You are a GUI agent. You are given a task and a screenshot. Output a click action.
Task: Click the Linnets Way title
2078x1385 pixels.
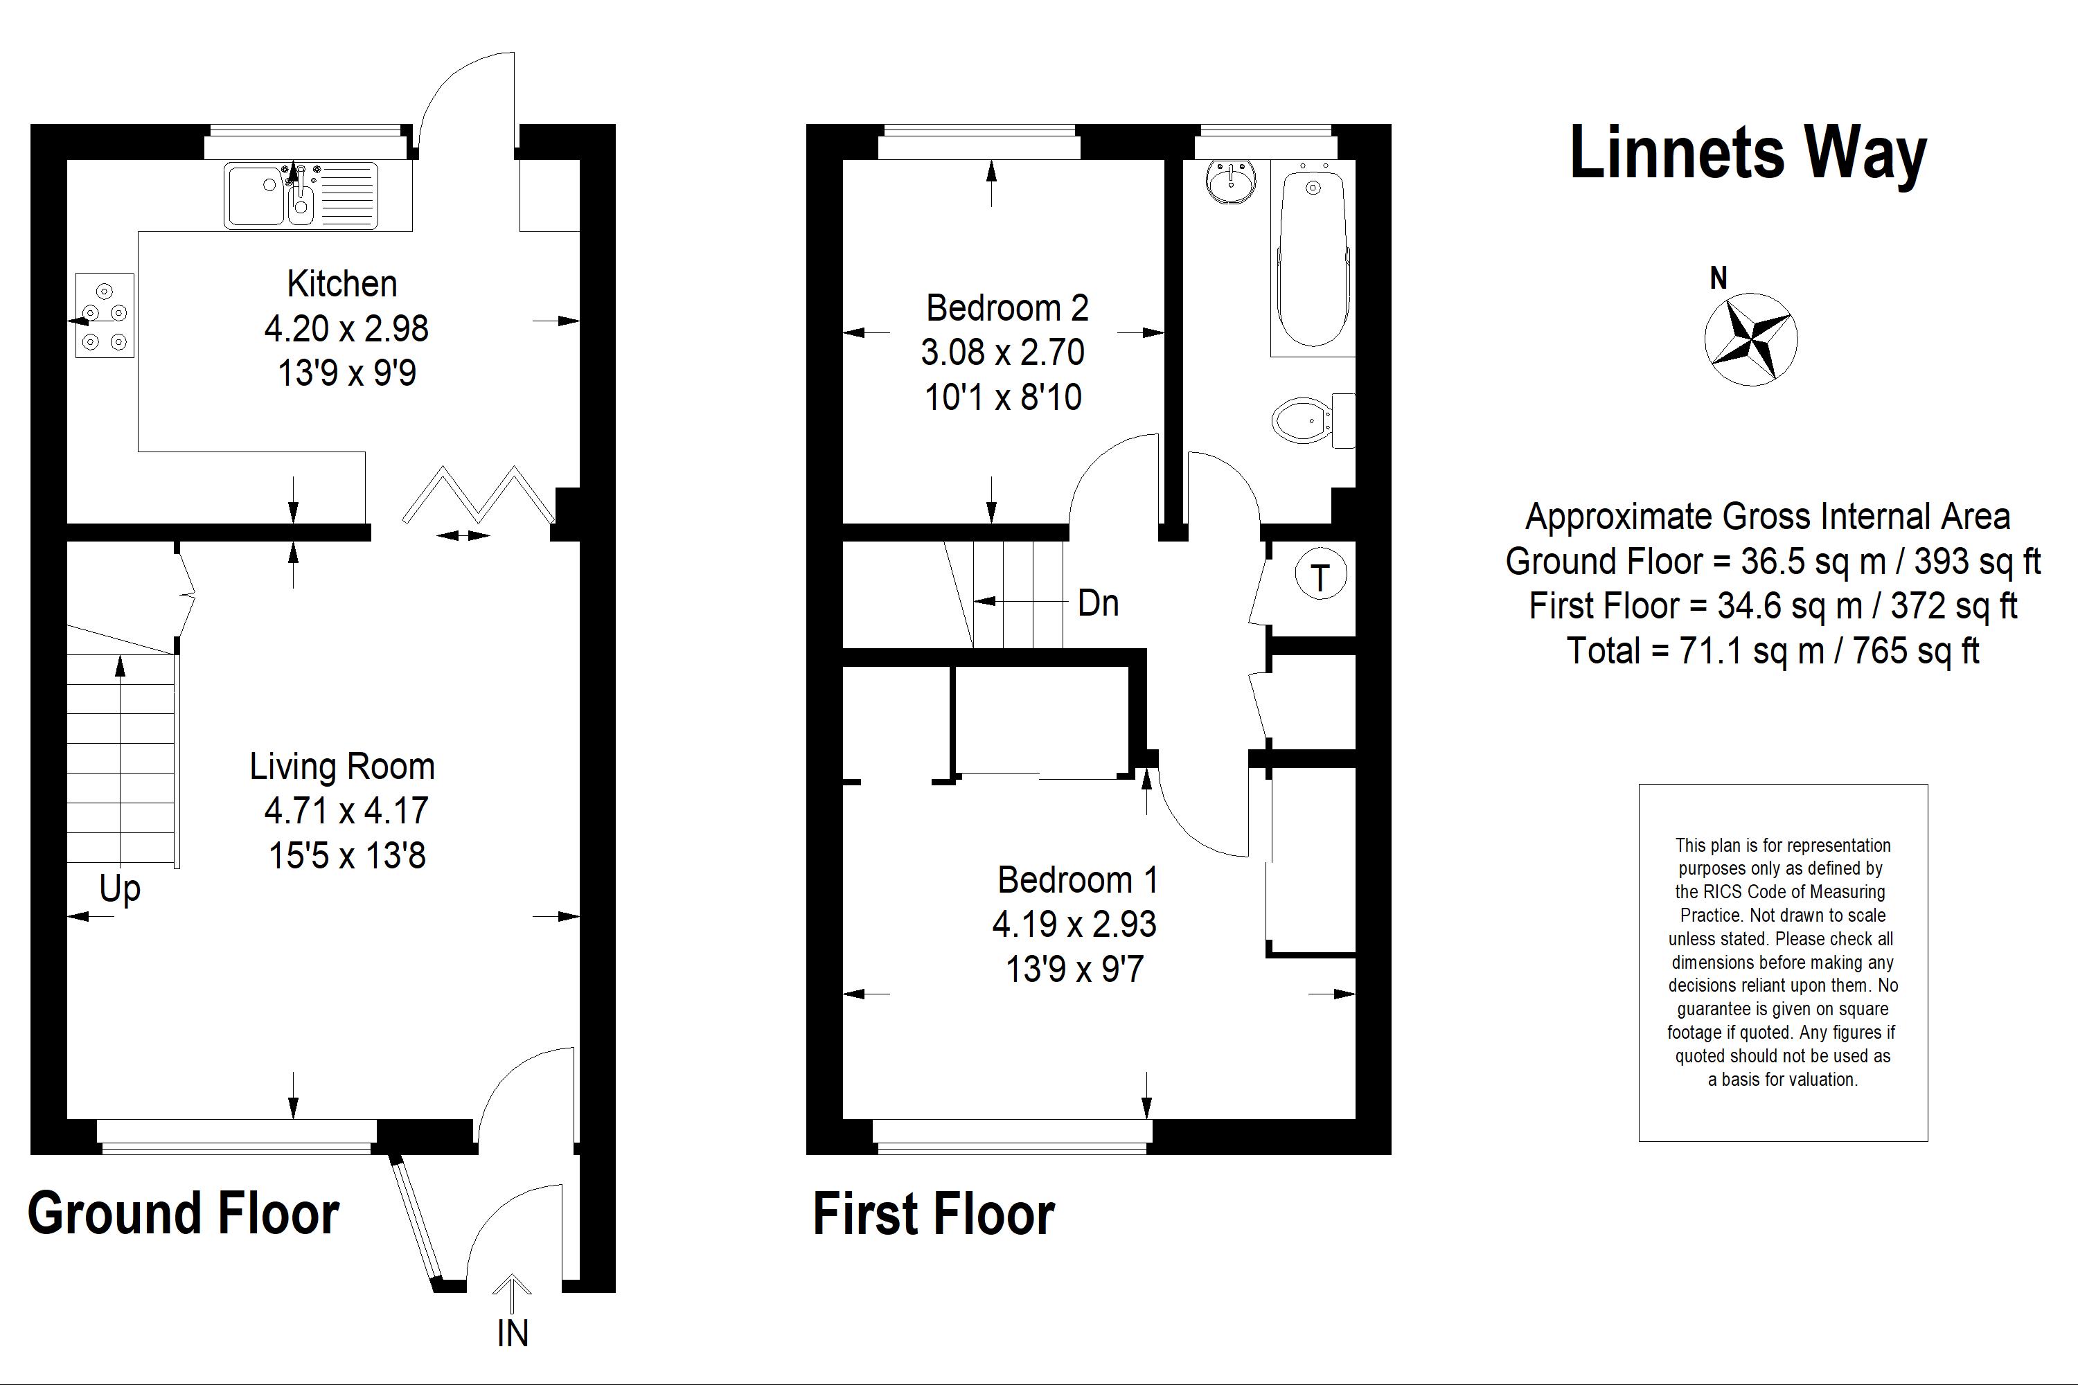1748,154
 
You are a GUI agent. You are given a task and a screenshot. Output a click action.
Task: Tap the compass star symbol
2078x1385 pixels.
1750,339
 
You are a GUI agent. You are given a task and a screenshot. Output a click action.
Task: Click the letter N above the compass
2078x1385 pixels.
1719,278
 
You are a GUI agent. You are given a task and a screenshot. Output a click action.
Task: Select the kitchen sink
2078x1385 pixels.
301,195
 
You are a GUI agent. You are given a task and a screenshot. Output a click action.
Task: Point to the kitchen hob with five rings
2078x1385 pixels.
105,315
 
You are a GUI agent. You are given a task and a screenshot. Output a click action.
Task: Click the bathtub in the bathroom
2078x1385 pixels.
1313,259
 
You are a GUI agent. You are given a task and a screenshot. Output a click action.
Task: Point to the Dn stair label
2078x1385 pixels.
1098,603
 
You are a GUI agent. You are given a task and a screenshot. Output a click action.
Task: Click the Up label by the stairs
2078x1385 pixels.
120,889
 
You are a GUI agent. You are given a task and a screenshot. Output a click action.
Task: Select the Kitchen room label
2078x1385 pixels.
342,283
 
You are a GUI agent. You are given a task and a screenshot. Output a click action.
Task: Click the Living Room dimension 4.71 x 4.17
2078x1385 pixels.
346,810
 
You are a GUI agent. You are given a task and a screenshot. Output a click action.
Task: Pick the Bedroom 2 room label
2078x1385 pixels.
1007,308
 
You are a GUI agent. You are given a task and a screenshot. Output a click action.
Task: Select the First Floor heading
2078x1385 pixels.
934,1214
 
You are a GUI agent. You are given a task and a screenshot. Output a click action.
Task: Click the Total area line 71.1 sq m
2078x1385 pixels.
1773,651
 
